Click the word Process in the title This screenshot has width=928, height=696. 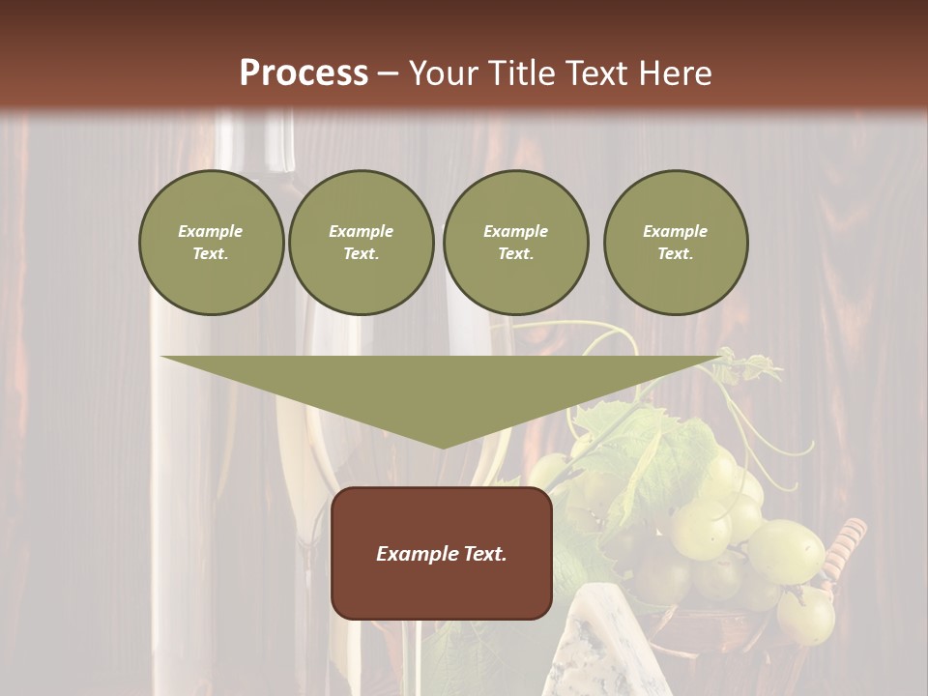[304, 72]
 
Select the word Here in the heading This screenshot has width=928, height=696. [674, 72]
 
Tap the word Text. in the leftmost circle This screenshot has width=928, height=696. [211, 254]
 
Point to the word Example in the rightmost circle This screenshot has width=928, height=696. [675, 231]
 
